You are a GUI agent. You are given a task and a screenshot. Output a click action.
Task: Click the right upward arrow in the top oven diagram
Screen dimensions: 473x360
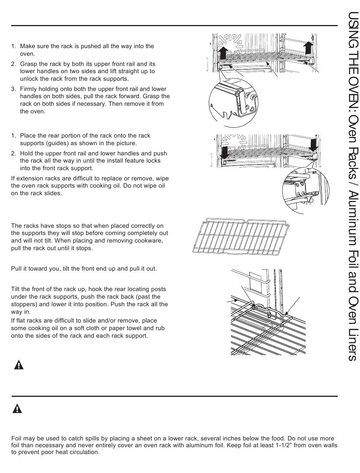tap(309, 48)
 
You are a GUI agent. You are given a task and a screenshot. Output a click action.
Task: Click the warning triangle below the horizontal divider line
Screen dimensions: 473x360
tap(18, 408)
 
